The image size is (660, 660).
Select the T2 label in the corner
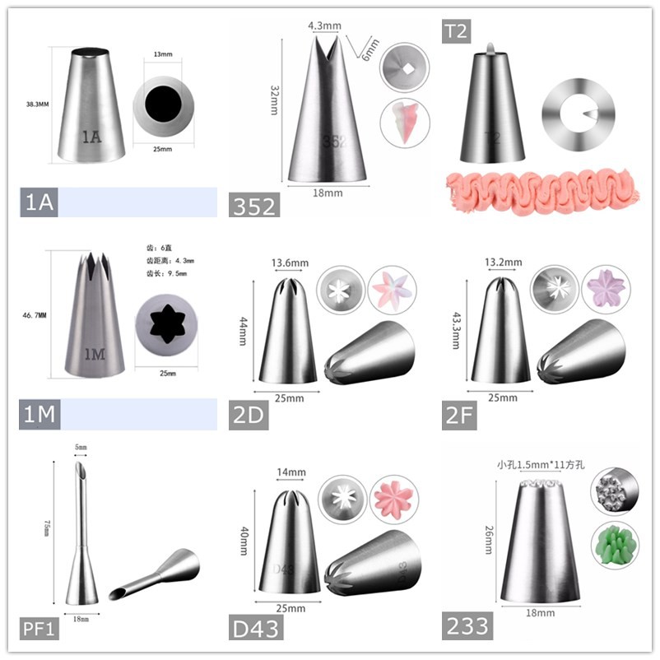(456, 30)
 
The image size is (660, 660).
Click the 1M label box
(39, 415)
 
